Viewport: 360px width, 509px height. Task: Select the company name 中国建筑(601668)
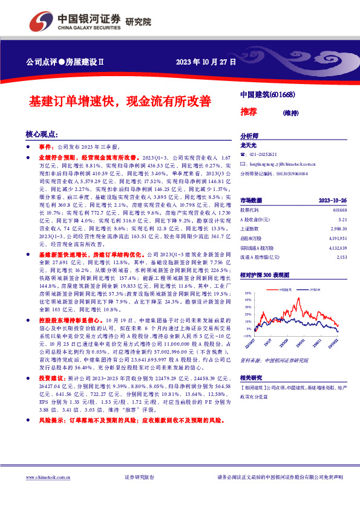[x=267, y=95]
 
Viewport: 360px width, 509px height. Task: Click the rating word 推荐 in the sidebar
[x=249, y=112]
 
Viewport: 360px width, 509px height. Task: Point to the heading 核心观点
[x=42, y=134]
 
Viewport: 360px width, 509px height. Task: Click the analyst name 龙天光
[x=249, y=145]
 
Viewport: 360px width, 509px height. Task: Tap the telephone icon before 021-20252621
[x=243, y=155]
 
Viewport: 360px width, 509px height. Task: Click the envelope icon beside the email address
[x=243, y=163]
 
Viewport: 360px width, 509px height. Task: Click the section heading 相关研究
[x=251, y=377]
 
